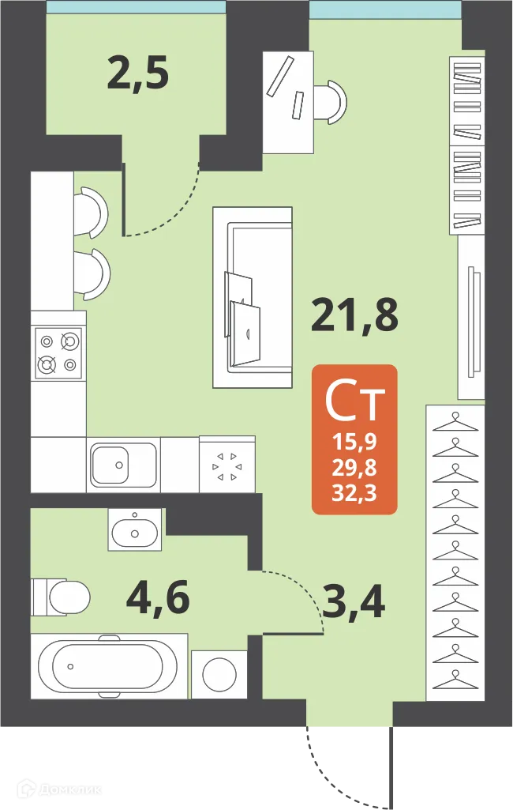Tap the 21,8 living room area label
pos(354,317)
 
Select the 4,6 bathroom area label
pos(158,598)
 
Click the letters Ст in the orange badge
pos(354,402)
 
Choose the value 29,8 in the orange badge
pos(354,469)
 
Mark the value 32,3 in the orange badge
pos(354,493)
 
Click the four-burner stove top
pos(59,352)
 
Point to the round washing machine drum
pos(219,673)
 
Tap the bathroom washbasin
pos(137,529)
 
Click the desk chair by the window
pos(331,102)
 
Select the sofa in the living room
pos(253,297)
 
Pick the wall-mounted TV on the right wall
pos(471,322)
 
